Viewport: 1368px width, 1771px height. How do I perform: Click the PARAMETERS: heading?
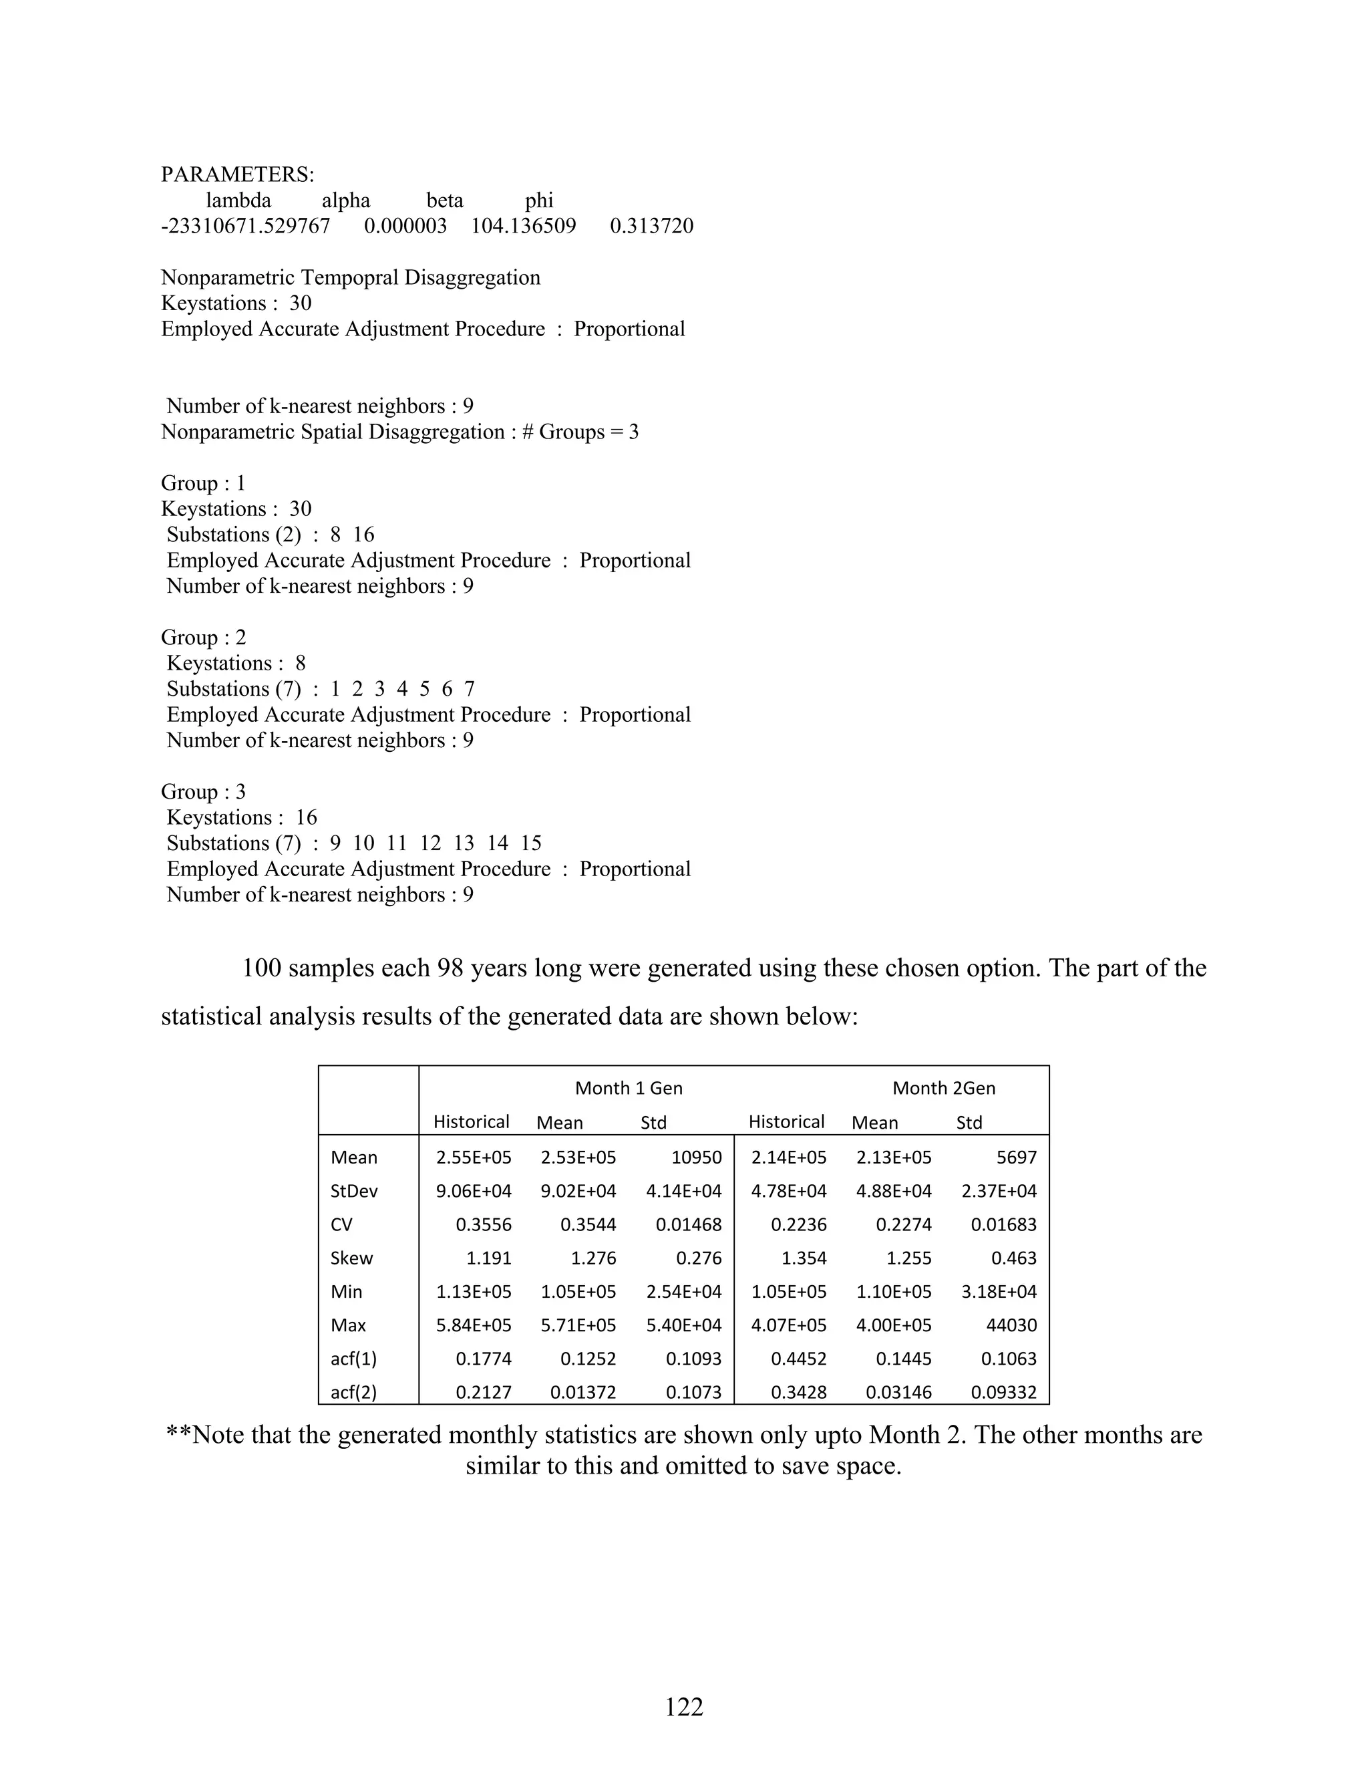tap(237, 174)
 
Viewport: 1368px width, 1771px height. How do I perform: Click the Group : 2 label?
tap(204, 638)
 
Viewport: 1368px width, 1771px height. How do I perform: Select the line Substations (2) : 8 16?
tap(271, 535)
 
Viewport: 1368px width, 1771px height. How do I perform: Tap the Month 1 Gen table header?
tap(628, 1088)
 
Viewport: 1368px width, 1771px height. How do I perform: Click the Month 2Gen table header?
tap(943, 1088)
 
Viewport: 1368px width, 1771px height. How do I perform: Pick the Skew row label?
tap(352, 1258)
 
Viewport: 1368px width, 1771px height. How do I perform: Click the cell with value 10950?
tap(696, 1158)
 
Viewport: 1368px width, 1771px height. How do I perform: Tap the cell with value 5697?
tap(1016, 1158)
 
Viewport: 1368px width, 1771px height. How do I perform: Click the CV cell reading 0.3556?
tap(483, 1225)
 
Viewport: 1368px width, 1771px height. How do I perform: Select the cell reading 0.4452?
tap(798, 1359)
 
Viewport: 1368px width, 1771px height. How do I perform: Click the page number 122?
tap(684, 1707)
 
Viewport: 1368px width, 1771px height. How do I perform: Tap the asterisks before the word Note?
tap(178, 1436)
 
